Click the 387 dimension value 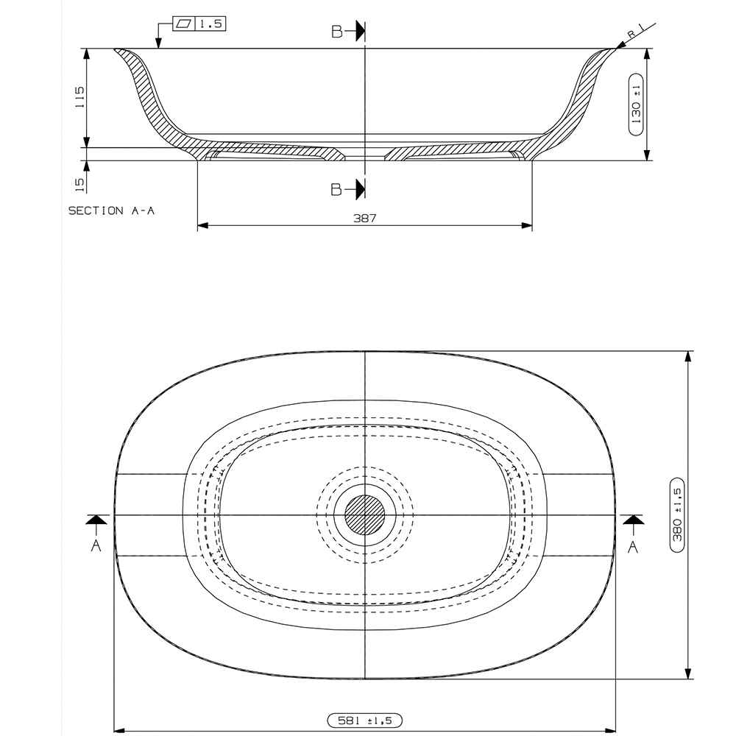pyautogui.click(x=364, y=219)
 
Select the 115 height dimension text pyautogui.click(x=80, y=98)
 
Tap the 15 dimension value pyautogui.click(x=80, y=183)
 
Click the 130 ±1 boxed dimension pyautogui.click(x=637, y=104)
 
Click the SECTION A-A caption pyautogui.click(x=111, y=210)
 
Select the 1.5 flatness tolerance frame pyautogui.click(x=199, y=24)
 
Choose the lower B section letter pyautogui.click(x=336, y=189)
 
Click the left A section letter pyautogui.click(x=95, y=545)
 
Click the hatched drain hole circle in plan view pyautogui.click(x=365, y=514)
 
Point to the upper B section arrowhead pyautogui.click(x=360, y=31)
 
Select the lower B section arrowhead pyautogui.click(x=360, y=189)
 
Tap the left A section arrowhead pyautogui.click(x=95, y=520)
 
